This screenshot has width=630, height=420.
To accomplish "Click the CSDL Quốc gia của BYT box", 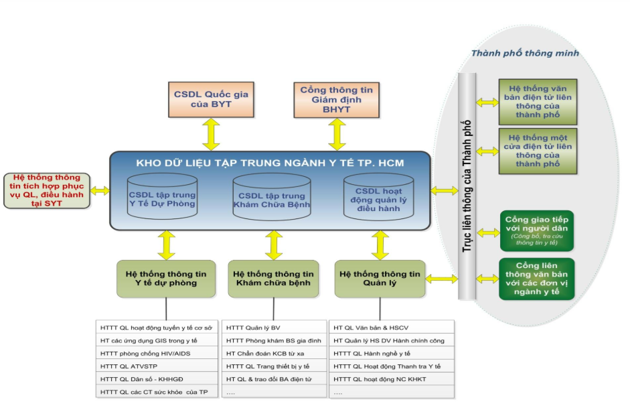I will [x=212, y=99].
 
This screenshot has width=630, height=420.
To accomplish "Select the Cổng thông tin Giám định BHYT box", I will [x=336, y=99].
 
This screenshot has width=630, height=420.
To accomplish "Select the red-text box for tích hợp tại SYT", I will [x=47, y=191].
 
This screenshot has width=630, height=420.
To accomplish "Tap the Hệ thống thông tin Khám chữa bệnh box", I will [x=273, y=278].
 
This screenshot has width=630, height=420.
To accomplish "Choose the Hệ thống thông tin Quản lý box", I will [x=380, y=278].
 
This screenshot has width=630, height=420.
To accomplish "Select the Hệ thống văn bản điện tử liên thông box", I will [x=538, y=102].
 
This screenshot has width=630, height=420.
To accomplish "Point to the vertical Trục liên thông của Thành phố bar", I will [x=467, y=186].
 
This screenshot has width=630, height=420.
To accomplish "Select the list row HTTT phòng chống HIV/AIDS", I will [x=158, y=353].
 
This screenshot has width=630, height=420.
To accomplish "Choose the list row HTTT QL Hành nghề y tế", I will [x=392, y=353].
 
